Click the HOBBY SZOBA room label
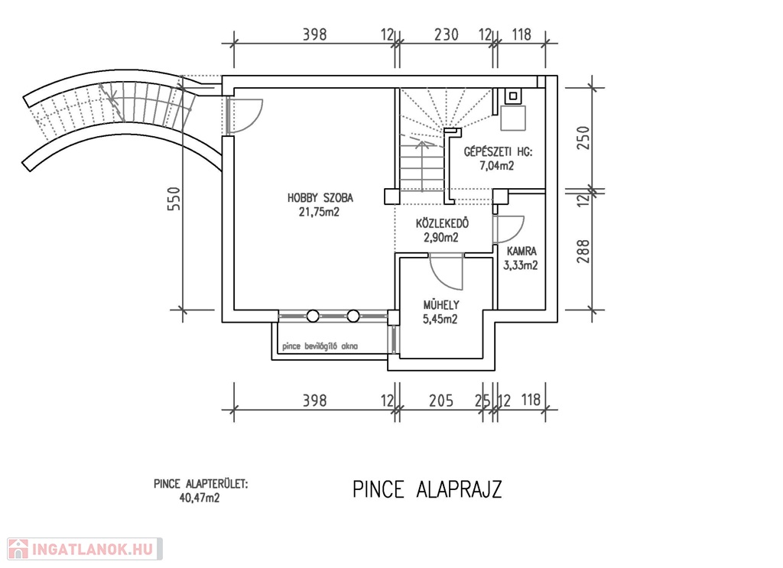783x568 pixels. tap(320, 198)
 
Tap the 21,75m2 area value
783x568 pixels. tap(319, 212)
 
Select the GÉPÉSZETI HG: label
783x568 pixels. tap(498, 151)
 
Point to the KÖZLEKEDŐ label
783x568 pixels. tap(442, 223)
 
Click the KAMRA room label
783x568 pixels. tap(521, 251)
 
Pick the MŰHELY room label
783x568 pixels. tap(441, 304)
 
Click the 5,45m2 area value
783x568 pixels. tap(440, 319)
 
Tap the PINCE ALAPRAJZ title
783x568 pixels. tap(427, 489)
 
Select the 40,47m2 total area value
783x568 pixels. tap(200, 498)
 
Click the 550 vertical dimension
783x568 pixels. tap(174, 198)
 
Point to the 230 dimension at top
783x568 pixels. tap(446, 34)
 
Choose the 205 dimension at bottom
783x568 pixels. tap(441, 401)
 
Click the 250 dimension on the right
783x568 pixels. tap(583, 138)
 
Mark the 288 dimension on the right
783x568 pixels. tap(583, 252)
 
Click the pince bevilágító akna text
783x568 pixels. tap(320, 346)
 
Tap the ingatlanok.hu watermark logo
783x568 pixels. tap(85, 549)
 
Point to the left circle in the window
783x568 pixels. tap(313, 316)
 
